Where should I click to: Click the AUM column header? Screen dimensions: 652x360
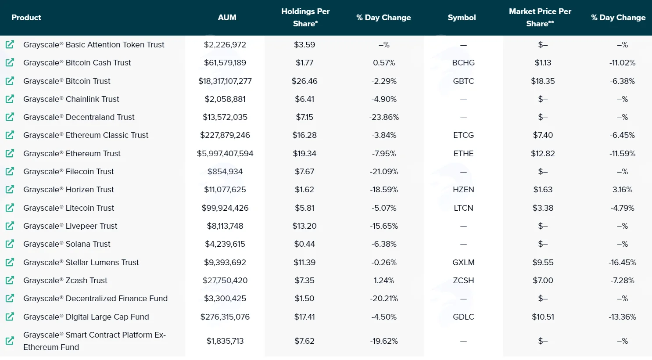coord(227,18)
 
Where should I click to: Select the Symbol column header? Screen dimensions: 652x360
coord(462,18)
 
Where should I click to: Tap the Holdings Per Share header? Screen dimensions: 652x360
coord(305,18)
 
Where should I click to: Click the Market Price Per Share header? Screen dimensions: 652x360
coord(540,18)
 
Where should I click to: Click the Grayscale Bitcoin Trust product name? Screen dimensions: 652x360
coord(67,81)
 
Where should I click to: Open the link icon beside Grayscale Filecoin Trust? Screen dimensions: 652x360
coord(10,171)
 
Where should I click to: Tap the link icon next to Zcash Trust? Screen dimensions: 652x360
coord(10,280)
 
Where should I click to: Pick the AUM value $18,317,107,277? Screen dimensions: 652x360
coord(225,81)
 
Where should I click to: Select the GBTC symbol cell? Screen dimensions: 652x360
coord(463,81)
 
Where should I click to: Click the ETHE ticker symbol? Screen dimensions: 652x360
coord(463,154)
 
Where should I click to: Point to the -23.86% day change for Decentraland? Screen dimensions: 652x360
coord(384,117)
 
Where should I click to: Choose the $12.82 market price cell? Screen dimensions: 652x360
coord(543,154)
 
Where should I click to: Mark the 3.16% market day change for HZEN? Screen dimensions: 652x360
coord(622,190)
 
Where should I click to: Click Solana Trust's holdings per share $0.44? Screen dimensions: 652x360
coord(305,244)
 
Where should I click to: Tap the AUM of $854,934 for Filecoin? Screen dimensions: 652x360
coord(225,172)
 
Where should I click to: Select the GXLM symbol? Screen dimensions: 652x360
coord(463,263)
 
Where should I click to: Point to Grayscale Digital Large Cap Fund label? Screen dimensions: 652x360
coord(86,317)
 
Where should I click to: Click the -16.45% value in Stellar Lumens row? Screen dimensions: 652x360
coord(622,263)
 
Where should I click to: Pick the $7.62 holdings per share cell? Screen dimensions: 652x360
coord(305,341)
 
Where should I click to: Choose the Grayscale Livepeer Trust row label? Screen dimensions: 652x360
coord(70,226)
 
